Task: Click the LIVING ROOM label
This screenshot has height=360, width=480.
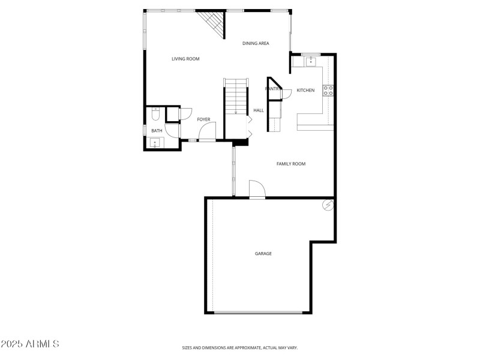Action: point(185,59)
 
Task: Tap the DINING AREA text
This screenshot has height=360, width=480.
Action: point(256,43)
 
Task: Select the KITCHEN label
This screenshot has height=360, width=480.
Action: point(305,90)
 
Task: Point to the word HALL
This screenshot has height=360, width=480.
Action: point(259,110)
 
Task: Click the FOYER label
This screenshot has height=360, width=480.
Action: point(203,119)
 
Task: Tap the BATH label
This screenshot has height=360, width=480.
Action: point(157,130)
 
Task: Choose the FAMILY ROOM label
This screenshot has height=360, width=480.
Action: point(291,164)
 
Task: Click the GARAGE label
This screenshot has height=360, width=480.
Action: point(263,254)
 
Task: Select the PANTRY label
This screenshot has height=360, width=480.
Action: point(272,89)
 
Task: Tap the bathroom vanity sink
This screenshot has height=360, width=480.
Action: point(155,143)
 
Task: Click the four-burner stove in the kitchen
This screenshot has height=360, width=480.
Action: point(328,90)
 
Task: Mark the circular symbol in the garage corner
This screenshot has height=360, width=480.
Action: point(328,205)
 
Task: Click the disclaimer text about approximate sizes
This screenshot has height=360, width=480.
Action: point(240,347)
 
